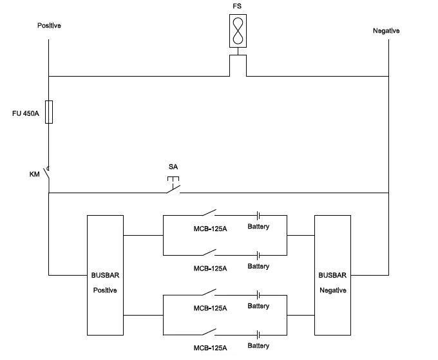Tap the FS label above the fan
[238, 6]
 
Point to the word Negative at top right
[386, 31]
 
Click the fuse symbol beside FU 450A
[49, 111]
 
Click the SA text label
[173, 167]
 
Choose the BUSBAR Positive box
[105, 275]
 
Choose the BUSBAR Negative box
[332, 275]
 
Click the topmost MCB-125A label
[211, 227]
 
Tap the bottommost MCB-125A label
[211, 348]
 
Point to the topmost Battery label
[258, 227]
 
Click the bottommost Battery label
[258, 346]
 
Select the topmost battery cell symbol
[258, 215]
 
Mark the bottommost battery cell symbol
[258, 335]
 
